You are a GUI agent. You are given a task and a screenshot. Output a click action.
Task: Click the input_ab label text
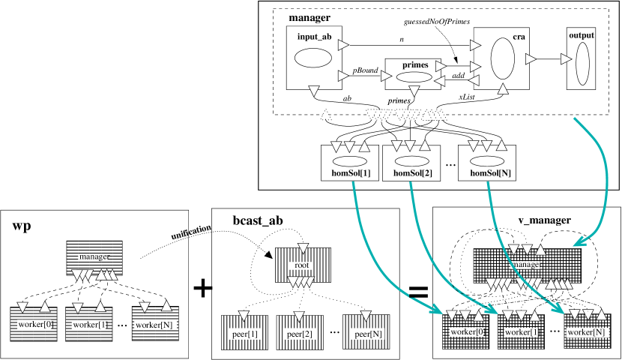coord(313,36)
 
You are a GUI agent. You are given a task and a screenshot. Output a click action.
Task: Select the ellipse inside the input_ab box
coord(313,58)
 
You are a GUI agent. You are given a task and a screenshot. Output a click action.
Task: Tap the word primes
coord(414,65)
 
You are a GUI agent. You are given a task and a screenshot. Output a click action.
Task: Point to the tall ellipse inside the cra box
coord(502,58)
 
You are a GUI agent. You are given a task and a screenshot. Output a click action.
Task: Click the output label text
coord(582,35)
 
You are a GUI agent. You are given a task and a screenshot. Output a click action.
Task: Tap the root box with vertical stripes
coord(302,265)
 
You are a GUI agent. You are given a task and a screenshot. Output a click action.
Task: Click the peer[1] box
coord(244,332)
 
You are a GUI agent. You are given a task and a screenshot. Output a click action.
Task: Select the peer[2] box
coord(300,332)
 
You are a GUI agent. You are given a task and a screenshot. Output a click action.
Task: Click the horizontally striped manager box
coord(94,257)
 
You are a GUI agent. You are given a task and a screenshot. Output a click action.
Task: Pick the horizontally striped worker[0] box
coord(34,325)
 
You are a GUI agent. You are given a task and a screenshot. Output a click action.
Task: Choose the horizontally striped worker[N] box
coord(156,325)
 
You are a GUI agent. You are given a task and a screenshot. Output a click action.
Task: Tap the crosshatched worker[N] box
coord(586,331)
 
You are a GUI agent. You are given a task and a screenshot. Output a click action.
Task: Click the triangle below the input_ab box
coord(314,91)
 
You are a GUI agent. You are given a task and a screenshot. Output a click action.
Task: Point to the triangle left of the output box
coord(566,58)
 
